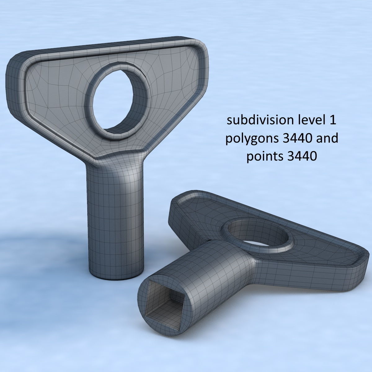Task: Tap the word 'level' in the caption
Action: coord(308,120)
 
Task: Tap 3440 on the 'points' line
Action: coord(302,157)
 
